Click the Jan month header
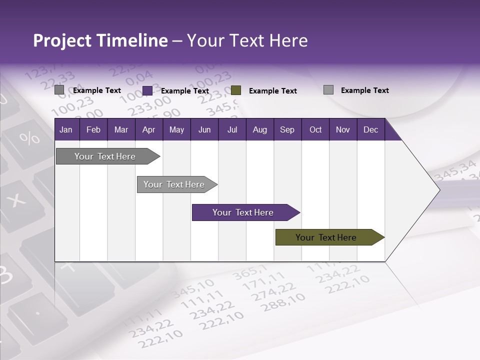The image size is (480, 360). point(66,130)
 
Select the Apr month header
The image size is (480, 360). point(148,130)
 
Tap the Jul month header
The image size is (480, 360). point(232,130)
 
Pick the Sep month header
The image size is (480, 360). point(287,130)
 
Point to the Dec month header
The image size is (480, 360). point(370,130)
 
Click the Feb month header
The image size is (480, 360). point(93,130)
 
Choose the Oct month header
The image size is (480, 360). point(315,130)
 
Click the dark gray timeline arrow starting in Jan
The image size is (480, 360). point(105,156)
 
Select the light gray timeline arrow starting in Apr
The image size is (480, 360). point(174,184)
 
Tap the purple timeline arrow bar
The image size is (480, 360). point(243,212)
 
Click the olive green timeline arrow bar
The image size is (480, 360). point(326,237)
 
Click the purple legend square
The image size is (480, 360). point(147,90)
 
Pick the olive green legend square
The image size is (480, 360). point(236,90)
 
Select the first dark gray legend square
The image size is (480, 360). point(59,90)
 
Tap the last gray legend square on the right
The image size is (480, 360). point(328,90)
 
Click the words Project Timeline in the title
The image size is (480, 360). point(100,40)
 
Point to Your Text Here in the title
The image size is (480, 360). point(247,40)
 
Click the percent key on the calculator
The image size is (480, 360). point(29,137)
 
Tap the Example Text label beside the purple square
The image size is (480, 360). point(185,91)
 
